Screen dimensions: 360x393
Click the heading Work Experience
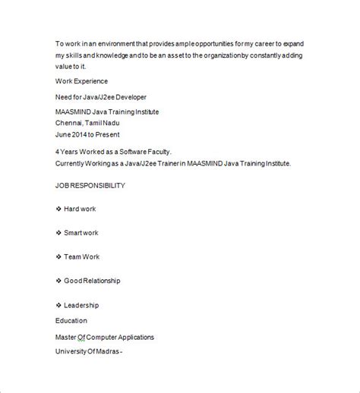click(81, 80)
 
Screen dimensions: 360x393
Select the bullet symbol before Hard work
click(59, 209)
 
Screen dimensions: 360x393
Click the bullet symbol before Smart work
click(59, 233)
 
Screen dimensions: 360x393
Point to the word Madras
click(107, 351)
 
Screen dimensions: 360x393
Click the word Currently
click(73, 163)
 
